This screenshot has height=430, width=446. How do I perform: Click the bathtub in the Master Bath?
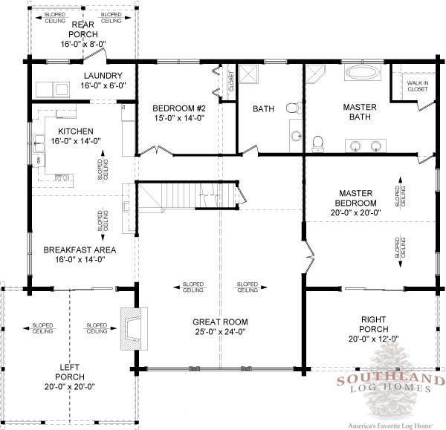363,73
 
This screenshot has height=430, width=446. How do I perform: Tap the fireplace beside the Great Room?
135,329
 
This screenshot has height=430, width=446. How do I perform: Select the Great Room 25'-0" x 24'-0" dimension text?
220,332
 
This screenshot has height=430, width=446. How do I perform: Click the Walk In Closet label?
418,86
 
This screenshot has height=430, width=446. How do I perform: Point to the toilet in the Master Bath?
317,144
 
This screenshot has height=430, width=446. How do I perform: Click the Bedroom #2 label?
179,108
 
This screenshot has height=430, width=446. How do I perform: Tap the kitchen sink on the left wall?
39,143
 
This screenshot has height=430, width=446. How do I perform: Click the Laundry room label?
103,76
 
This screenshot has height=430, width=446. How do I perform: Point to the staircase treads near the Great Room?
187,196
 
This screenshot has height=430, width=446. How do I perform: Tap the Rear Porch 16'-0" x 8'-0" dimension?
83,44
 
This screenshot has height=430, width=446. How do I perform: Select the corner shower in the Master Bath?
315,74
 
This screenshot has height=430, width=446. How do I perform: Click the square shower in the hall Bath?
248,74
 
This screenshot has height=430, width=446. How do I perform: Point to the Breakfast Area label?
80,250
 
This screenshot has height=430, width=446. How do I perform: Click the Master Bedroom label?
356,198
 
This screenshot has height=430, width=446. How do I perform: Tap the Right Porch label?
373,325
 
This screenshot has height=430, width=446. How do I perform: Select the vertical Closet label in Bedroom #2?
231,81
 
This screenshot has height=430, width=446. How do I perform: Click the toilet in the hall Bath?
294,108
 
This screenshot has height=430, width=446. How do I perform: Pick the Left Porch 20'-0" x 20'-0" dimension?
70,386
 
